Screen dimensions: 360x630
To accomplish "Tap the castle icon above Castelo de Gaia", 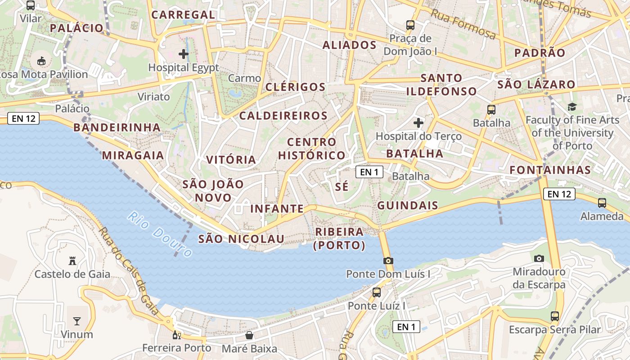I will coord(72,261).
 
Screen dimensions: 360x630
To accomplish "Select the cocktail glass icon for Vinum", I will coord(77,321).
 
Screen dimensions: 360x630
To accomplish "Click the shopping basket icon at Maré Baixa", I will coord(249,335).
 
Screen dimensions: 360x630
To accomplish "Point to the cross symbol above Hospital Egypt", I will coord(184,54).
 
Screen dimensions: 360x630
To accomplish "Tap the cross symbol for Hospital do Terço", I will coord(418,122).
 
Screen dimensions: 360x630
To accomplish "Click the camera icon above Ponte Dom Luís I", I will coord(388,261).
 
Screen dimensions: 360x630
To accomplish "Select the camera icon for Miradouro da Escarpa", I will coord(539,258).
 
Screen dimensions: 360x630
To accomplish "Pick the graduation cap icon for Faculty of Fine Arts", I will coord(572,107).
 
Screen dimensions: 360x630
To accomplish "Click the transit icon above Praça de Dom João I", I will coord(410,25).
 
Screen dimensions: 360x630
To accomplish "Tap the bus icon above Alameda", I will coord(602,203).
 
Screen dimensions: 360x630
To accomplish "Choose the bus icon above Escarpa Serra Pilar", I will coord(555,316).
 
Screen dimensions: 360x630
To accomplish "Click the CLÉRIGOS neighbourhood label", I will coord(295,87).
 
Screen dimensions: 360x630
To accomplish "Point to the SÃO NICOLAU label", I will coord(241,239).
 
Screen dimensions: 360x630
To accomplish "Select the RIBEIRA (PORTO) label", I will coord(340,238).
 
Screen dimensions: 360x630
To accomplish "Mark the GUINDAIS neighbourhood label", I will coord(408,206).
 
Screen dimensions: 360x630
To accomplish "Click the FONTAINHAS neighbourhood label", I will coord(550,170).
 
